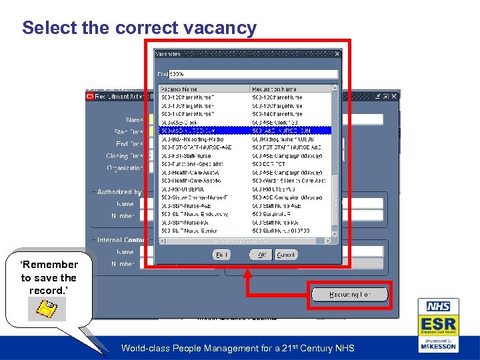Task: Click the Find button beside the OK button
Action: (x=222, y=255)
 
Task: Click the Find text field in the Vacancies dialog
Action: (x=253, y=74)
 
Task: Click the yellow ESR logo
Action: (x=437, y=325)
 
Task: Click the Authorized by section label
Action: (x=119, y=192)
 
